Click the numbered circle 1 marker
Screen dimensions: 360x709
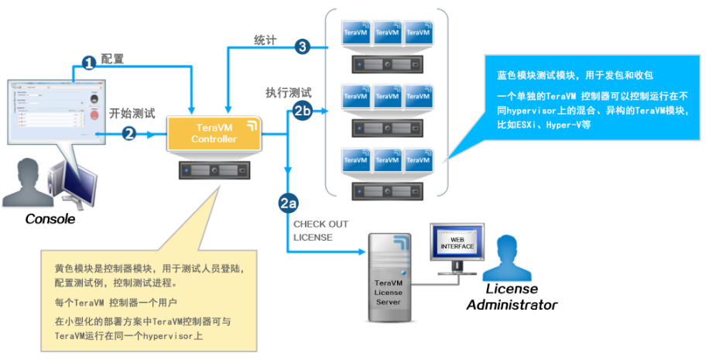point(89,62)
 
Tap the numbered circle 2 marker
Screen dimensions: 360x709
point(130,134)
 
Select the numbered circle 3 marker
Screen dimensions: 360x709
point(302,47)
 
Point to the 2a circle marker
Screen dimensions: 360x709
point(288,204)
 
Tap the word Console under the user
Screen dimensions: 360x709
point(50,219)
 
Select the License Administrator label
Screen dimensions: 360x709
point(511,297)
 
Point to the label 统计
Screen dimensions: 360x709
point(265,39)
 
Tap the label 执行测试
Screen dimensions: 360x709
point(288,92)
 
